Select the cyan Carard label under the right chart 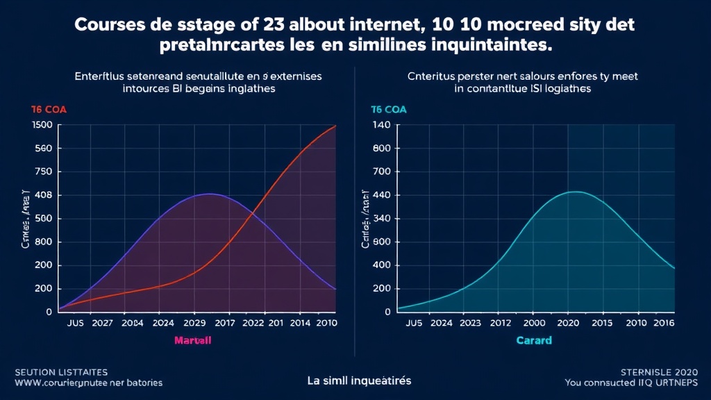(x=534, y=340)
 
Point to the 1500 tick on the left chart (x=42, y=125)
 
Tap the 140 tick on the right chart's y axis (x=382, y=125)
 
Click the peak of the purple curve (x=210, y=194)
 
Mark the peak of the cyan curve (x=575, y=192)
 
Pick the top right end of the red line (x=336, y=126)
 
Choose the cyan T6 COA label (x=388, y=110)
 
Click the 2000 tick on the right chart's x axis (x=533, y=323)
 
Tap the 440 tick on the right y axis (x=382, y=195)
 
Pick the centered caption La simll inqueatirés (x=359, y=381)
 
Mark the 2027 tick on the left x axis (x=101, y=323)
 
